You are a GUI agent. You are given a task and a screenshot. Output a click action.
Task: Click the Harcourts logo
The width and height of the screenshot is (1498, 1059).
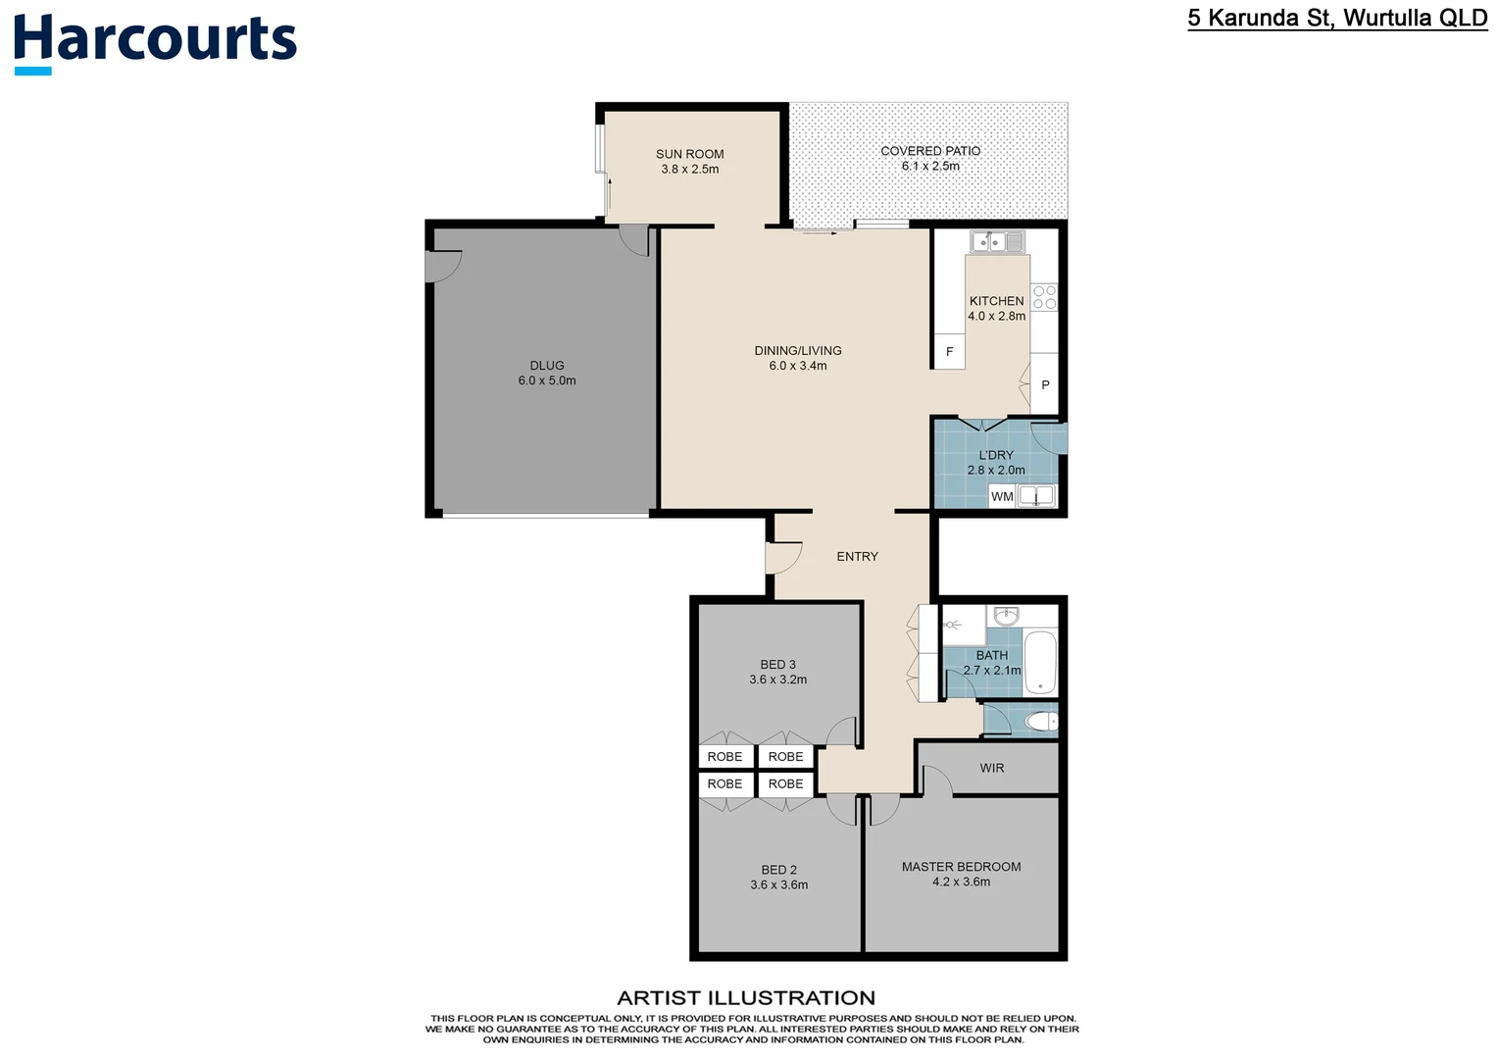tap(155, 41)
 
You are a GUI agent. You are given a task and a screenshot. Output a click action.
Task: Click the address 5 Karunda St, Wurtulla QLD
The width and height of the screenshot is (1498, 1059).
tap(1336, 18)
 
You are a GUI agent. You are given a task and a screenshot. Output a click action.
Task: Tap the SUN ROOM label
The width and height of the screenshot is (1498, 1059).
tap(689, 154)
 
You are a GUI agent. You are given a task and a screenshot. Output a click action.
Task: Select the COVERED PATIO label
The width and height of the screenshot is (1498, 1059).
tap(929, 151)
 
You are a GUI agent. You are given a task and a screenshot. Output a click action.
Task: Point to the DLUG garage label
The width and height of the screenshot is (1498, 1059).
tap(547, 366)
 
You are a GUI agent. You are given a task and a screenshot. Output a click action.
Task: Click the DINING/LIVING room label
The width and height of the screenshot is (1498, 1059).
tap(797, 351)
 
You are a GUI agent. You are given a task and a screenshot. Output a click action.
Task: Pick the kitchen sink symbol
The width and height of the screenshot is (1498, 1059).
tap(996, 241)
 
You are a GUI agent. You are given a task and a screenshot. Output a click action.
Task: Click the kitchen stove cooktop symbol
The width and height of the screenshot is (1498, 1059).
tap(1044, 297)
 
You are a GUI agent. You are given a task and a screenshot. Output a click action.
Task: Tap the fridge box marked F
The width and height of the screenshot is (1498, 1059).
tap(949, 352)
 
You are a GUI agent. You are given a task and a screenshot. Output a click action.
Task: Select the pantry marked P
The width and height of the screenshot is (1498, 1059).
tap(1045, 385)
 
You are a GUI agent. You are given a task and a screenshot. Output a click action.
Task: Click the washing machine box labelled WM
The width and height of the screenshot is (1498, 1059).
tap(1002, 496)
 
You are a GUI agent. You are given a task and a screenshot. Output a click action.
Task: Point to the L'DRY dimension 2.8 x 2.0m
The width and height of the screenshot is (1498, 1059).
tap(996, 471)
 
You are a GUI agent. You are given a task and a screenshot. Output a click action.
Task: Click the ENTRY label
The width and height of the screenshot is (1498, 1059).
tap(857, 556)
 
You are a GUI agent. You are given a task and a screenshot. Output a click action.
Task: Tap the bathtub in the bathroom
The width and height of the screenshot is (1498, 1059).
tap(1039, 662)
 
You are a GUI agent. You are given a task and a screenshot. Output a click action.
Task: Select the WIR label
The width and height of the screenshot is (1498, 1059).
tap(991, 768)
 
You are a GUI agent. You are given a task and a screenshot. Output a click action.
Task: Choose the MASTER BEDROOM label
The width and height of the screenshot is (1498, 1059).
tap(961, 867)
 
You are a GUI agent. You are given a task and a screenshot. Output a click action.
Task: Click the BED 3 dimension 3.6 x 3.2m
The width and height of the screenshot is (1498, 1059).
tap(777, 680)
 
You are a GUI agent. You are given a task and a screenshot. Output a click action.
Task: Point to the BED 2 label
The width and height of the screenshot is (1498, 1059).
tap(778, 870)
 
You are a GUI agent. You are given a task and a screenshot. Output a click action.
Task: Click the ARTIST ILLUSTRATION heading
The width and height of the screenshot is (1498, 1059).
tap(746, 998)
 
